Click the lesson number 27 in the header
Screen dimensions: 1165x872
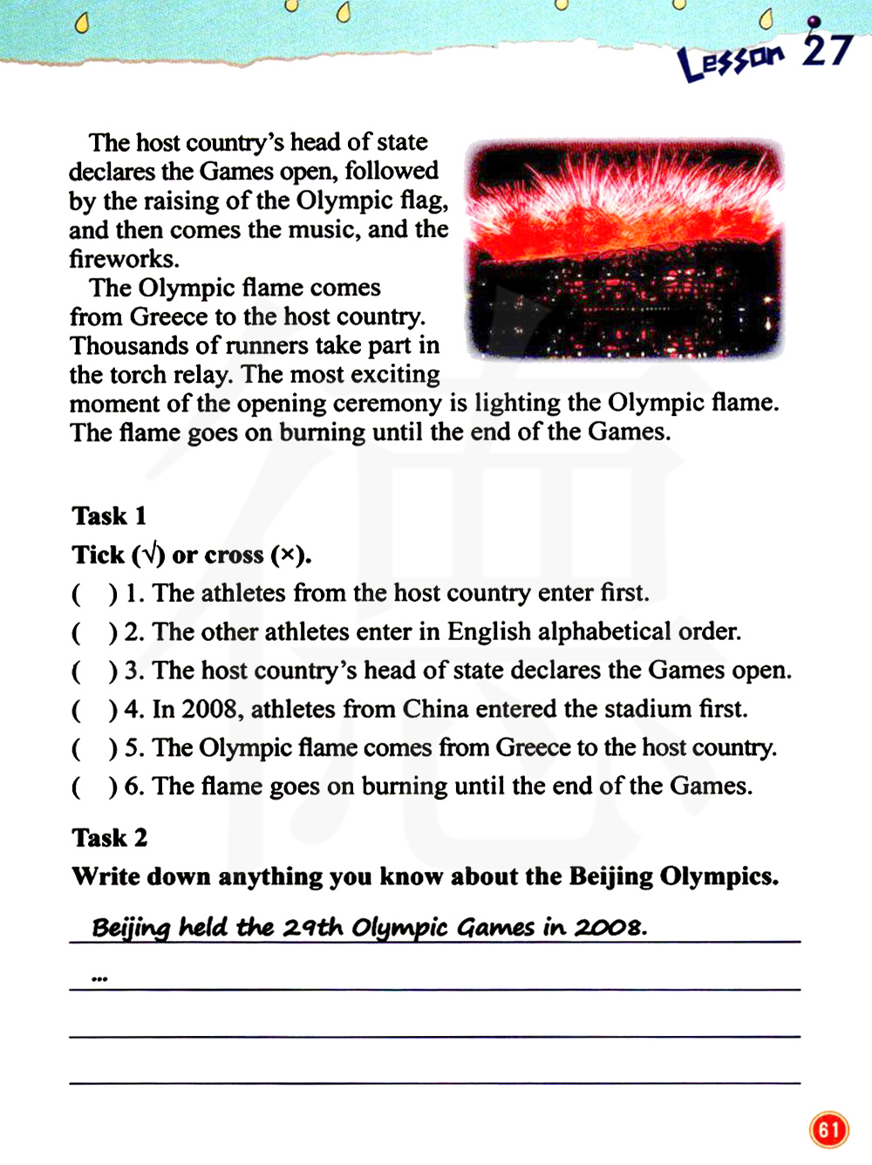pos(827,50)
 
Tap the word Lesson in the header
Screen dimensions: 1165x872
pos(731,61)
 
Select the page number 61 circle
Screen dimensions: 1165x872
pos(828,1130)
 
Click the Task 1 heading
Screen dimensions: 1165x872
pos(109,516)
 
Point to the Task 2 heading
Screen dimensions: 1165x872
pos(110,838)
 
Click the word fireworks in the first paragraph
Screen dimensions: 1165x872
pos(124,259)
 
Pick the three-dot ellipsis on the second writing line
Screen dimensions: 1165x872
pos(99,979)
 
